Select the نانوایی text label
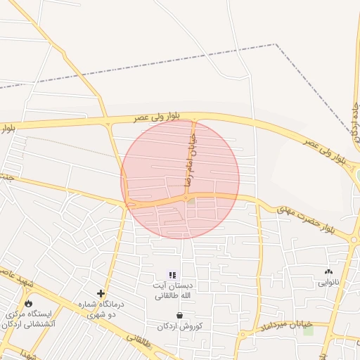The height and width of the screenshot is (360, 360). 328,283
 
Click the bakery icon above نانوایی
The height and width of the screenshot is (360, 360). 328,271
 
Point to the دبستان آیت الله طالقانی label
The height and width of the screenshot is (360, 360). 173,290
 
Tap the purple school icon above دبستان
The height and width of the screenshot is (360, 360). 172,275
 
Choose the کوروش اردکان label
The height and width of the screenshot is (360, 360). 180,327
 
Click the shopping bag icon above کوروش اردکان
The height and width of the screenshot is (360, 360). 180,316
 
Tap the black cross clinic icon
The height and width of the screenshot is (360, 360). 101,293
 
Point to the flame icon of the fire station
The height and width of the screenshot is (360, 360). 28,303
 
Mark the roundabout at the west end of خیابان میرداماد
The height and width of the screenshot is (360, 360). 243,335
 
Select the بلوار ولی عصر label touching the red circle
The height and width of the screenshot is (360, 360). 158,117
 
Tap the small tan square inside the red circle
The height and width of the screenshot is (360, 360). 191,201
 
